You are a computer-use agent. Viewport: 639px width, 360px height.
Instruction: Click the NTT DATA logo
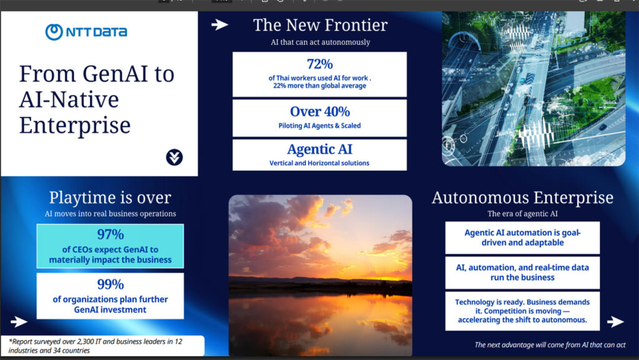tap(86, 32)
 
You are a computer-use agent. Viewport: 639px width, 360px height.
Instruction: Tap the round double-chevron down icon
tap(175, 157)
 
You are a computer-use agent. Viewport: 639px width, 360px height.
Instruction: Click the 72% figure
tap(319, 64)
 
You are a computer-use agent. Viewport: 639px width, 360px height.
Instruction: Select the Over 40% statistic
tap(320, 111)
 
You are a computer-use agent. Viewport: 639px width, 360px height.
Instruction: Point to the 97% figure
tap(110, 234)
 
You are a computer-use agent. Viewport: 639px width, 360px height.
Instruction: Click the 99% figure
tap(110, 284)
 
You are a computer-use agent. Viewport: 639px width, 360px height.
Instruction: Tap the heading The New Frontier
tap(320, 25)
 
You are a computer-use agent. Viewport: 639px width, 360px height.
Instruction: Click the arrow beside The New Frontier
tap(220, 25)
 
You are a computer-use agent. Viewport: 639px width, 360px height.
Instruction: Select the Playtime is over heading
tap(110, 198)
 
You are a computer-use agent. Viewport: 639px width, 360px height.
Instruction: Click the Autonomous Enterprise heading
tap(522, 198)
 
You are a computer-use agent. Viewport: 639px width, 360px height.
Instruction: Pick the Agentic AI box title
tap(319, 150)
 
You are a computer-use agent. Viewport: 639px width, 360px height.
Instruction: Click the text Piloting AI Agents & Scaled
tap(319, 125)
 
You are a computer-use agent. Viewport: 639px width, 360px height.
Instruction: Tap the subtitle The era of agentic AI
tap(522, 213)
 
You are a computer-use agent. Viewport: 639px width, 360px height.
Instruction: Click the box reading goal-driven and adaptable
tap(522, 238)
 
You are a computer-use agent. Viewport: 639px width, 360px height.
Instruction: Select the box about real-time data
tap(522, 273)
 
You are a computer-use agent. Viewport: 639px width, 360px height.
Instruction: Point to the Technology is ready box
tap(522, 311)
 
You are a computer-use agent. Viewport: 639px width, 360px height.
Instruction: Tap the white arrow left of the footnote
tap(19, 322)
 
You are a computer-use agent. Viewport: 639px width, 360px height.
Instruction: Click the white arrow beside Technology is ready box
tap(615, 322)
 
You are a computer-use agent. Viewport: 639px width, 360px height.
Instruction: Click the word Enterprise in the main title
tap(75, 125)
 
